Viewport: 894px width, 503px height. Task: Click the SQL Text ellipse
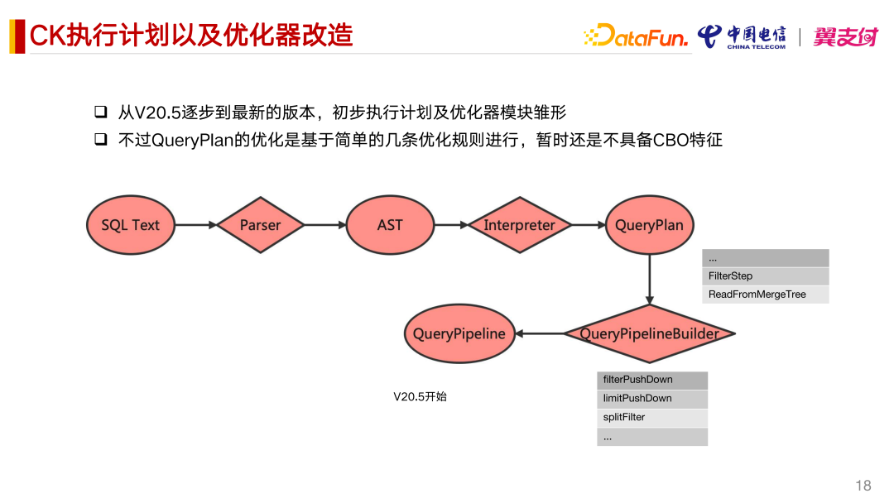(130, 224)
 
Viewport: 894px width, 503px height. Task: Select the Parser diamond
(260, 224)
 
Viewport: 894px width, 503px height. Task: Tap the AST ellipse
(390, 224)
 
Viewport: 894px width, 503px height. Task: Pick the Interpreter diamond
(519, 224)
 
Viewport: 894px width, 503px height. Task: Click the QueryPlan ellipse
(649, 224)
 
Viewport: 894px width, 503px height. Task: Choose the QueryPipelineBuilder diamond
(649, 333)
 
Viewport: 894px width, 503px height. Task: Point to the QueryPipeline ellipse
(459, 333)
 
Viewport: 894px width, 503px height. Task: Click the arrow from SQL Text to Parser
(195, 224)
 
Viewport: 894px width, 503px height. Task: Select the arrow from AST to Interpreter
(450, 224)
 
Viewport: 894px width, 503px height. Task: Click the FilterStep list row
(765, 275)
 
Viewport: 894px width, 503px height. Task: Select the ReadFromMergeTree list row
(765, 295)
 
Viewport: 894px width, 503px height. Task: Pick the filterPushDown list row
(652, 380)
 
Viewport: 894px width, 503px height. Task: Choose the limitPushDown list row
(652, 399)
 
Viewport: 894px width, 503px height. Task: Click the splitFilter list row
(652, 418)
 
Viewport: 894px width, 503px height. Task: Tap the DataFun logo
(637, 36)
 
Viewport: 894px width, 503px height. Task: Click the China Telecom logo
(742, 36)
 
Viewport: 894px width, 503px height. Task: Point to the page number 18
(863, 486)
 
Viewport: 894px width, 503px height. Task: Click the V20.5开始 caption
(420, 397)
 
